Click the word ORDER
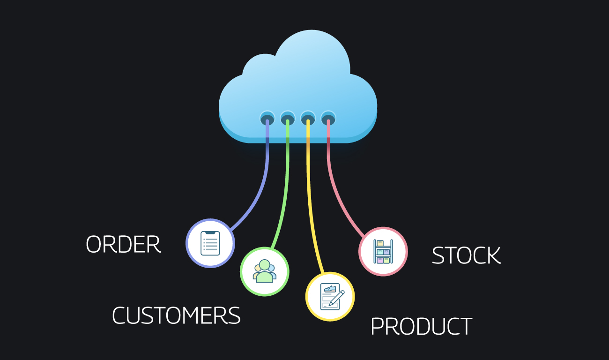[123, 244]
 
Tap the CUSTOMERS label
[176, 315]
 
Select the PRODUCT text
[422, 326]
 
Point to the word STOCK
[466, 255]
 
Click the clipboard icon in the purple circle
[210, 243]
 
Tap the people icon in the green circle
[265, 271]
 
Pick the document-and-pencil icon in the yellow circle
[332, 296]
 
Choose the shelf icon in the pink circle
[383, 251]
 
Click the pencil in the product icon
[336, 298]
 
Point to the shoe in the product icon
[330, 289]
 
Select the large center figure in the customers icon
[265, 271]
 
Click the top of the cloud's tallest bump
[312, 30]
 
